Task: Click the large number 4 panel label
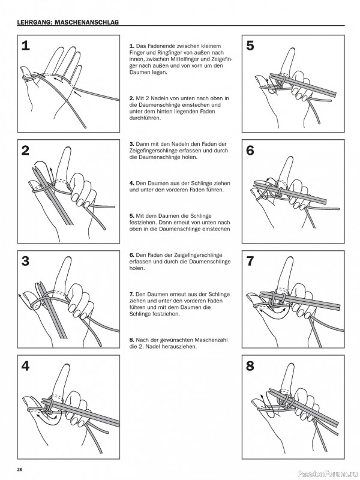click(25, 365)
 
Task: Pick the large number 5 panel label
click(250, 45)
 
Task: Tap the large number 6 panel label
click(250, 151)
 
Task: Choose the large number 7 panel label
click(250, 261)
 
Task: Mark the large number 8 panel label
click(250, 365)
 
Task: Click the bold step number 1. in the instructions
click(132, 46)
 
